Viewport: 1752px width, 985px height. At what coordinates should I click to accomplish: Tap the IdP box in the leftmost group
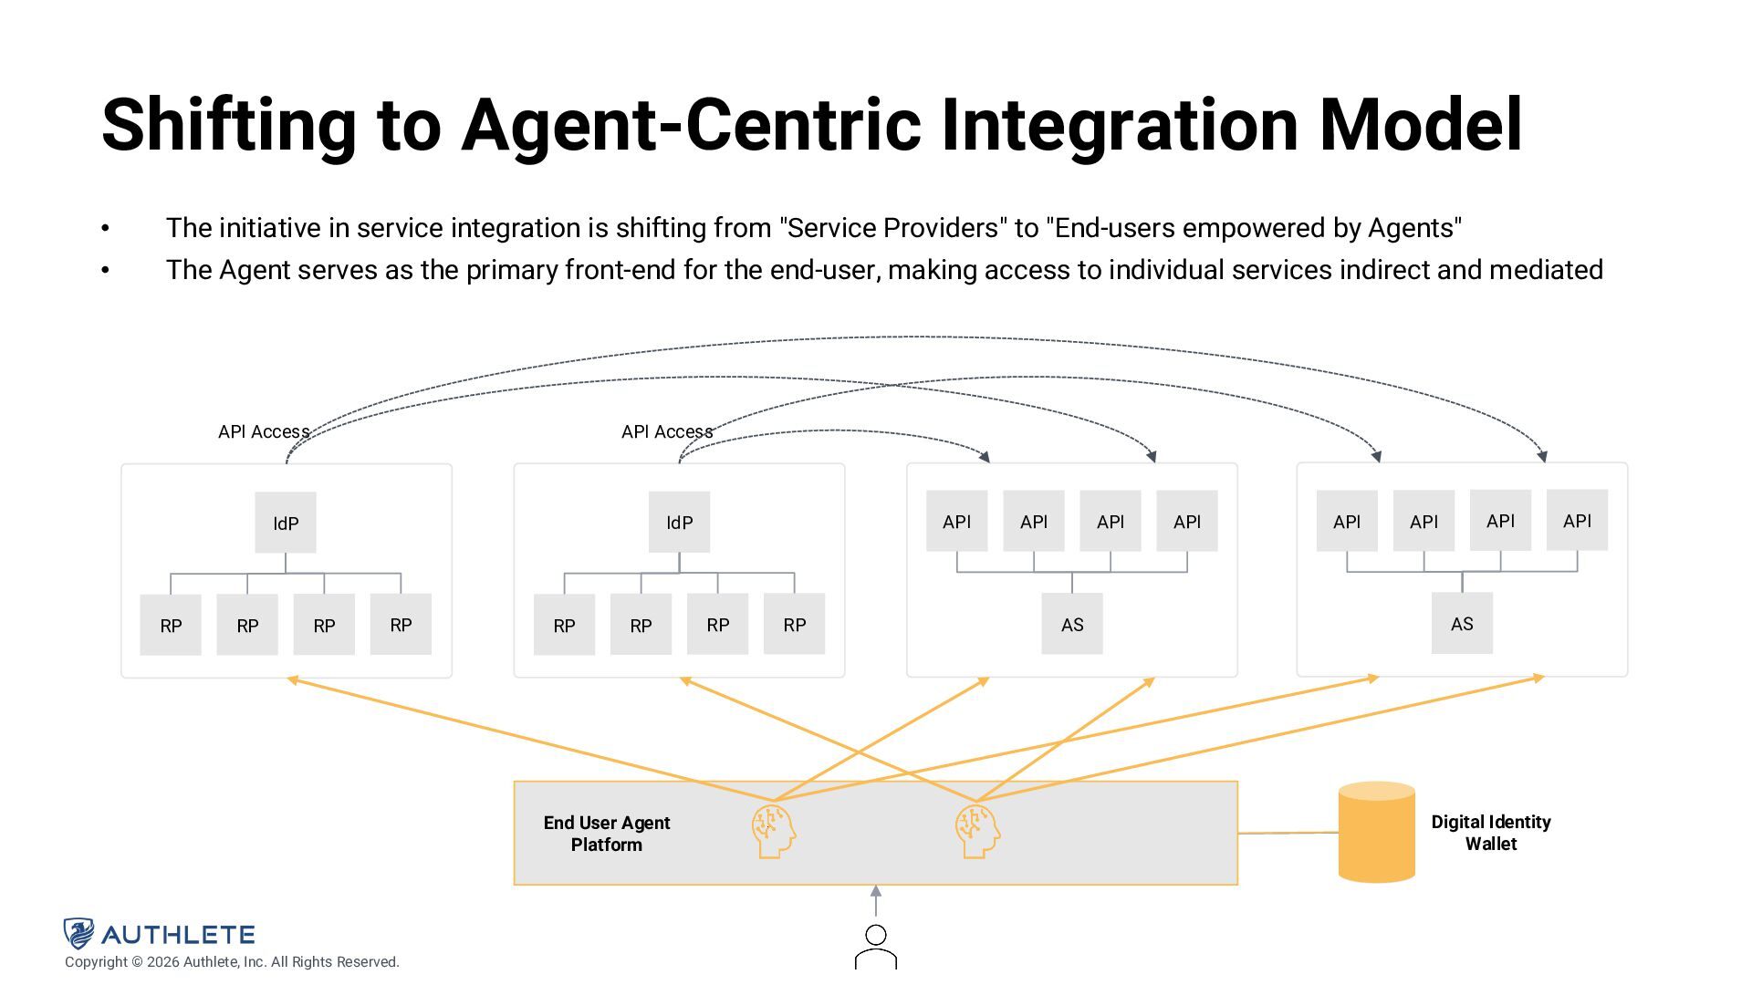[x=286, y=523]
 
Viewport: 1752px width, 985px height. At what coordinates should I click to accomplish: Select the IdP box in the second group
[x=679, y=522]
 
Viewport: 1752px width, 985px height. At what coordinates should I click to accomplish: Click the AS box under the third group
[x=1072, y=624]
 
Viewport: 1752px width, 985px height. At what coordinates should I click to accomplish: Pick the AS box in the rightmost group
[x=1462, y=623]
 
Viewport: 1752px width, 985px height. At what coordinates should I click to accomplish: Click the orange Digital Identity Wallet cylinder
[x=1376, y=832]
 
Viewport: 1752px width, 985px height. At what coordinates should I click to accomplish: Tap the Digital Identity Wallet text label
[x=1490, y=833]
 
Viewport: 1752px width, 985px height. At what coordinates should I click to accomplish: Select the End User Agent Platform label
[x=607, y=834]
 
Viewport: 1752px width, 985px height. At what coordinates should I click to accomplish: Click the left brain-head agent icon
[x=774, y=830]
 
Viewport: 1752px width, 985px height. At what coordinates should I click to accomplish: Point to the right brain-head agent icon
[x=977, y=830]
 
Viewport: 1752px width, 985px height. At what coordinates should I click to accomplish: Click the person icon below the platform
[x=876, y=947]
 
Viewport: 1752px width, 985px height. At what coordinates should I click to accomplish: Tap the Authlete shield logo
[x=78, y=933]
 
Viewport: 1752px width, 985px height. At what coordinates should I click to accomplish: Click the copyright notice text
[x=232, y=962]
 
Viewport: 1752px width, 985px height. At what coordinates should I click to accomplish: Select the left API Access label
[x=264, y=431]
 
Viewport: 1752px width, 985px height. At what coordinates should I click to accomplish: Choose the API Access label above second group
[x=667, y=431]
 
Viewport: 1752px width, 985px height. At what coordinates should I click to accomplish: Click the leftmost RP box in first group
[x=171, y=625]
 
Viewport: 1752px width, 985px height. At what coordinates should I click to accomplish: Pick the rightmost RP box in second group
[x=794, y=624]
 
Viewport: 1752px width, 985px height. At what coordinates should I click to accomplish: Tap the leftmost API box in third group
[x=956, y=521]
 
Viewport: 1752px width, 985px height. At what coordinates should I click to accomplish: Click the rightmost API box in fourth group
[x=1577, y=520]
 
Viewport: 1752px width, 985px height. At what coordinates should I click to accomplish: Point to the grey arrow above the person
[x=876, y=900]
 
